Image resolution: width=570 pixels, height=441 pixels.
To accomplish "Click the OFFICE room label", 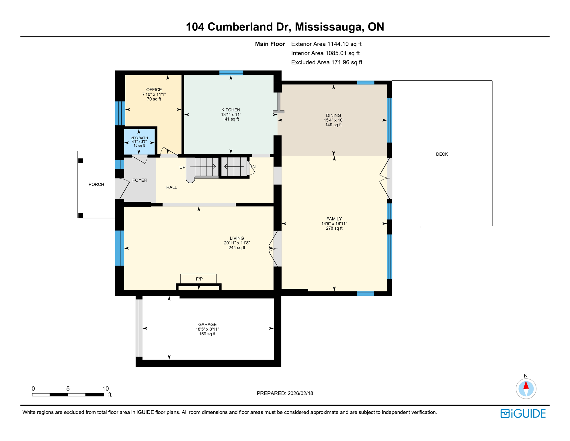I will pos(154,90).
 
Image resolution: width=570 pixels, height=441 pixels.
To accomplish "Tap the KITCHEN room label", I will pos(231,110).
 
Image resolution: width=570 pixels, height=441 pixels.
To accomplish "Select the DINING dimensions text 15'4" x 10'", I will pos(333,120).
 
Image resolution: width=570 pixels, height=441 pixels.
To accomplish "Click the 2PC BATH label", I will pos(139,138).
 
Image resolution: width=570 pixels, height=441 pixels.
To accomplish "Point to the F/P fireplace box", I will pos(199,279).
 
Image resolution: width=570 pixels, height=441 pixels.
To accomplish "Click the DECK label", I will pos(442,154).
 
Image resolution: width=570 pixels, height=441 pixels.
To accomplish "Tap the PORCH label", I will pos(96,184).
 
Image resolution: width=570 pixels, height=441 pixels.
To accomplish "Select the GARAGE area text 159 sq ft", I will pos(207,334).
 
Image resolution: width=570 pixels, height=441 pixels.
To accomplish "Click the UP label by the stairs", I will pos(182,167).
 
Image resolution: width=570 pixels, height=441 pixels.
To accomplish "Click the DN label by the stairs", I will pos(252,167).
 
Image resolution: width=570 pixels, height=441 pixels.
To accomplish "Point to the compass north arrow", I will pos(526,386).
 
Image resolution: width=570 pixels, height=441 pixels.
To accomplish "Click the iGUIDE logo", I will pos(523,413).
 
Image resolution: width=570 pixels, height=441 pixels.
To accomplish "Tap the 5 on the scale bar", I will pos(68,388).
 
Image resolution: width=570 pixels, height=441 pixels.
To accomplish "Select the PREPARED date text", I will pos(285,393).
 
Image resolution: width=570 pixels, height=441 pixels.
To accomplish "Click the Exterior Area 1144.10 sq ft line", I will pos(326,44).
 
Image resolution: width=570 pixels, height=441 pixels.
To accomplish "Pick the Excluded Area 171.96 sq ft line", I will pos(326,62).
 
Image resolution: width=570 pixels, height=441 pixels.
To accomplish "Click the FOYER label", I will pos(140,180).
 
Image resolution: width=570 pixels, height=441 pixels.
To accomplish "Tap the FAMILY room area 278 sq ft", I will pos(334,228).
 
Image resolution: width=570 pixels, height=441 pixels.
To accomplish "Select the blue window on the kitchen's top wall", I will pos(231,73).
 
